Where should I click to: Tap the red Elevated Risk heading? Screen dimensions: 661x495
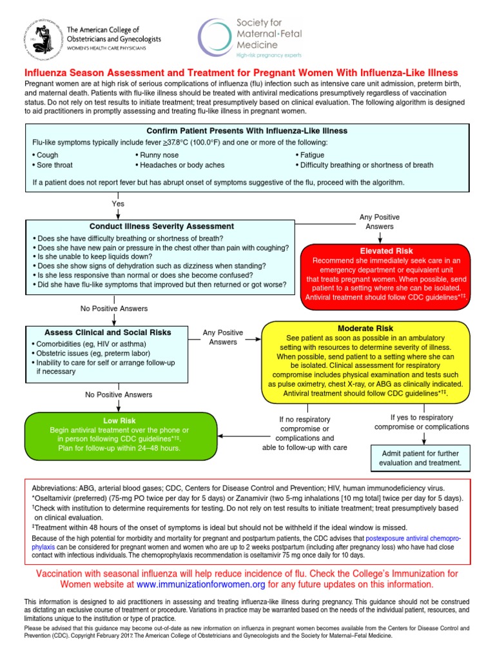tap(376, 250)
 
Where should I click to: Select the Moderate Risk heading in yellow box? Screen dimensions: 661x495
tap(365, 329)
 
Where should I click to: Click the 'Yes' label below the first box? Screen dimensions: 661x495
tap(118, 203)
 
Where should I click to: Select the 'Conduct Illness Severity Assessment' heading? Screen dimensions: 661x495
tap(162, 227)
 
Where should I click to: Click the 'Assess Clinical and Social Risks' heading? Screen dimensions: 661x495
tap(108, 332)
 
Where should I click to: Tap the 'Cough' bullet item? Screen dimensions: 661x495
tap(47, 155)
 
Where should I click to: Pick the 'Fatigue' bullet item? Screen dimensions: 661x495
tap(312, 155)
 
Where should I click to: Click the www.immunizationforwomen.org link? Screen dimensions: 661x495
tap(200, 584)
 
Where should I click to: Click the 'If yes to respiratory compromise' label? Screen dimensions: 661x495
tap(422, 422)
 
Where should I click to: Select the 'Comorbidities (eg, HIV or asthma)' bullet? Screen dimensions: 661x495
tap(92, 344)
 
